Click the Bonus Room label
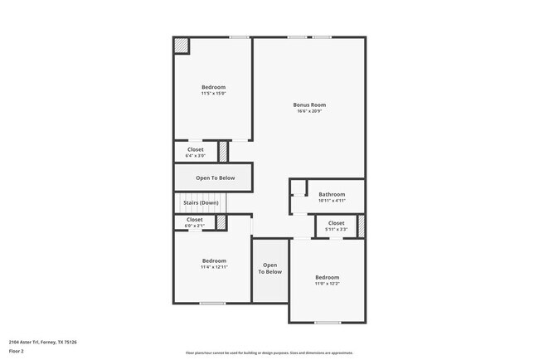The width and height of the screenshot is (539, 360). [x=309, y=105]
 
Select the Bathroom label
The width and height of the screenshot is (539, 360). [x=332, y=194]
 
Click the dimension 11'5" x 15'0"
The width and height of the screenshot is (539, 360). [x=213, y=94]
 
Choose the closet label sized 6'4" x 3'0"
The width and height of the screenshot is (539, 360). [x=195, y=149]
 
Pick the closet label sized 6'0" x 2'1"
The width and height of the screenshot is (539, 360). [x=194, y=220]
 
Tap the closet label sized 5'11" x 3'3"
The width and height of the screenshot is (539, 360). [x=336, y=223]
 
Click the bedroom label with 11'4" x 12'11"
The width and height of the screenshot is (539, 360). [x=214, y=260]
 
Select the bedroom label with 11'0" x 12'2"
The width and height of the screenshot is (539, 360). [x=327, y=277]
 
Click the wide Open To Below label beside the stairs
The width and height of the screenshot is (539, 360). [x=215, y=178]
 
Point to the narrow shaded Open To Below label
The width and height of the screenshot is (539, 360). [x=269, y=268]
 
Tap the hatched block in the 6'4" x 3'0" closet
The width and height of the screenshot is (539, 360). [x=223, y=152]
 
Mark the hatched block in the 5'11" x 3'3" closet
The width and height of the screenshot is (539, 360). [x=361, y=225]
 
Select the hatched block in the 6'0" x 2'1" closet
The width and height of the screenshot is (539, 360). [x=221, y=222]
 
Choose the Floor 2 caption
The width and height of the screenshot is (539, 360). [x=17, y=351]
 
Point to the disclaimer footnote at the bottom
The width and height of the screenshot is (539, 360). [x=269, y=353]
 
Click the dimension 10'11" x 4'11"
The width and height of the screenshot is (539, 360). [x=332, y=200]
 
